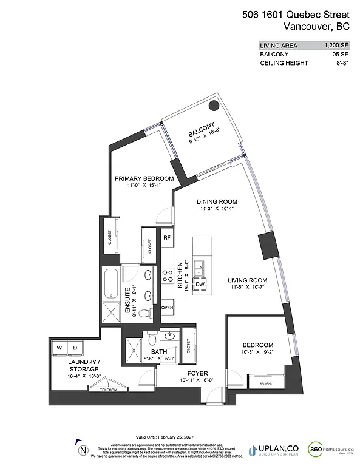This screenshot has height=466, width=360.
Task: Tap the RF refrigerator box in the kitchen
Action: (167, 237)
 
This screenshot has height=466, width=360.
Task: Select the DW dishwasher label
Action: (199, 284)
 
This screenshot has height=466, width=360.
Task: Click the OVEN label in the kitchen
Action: (167, 308)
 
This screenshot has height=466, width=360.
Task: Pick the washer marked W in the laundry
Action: (60, 347)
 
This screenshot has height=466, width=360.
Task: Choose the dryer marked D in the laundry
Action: (76, 347)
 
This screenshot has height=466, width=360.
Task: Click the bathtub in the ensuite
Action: (111, 282)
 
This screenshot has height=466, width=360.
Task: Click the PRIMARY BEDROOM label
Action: (144, 178)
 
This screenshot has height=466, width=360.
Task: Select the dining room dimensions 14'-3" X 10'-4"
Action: (216, 209)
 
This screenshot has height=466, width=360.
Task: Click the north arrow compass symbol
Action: (83, 450)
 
